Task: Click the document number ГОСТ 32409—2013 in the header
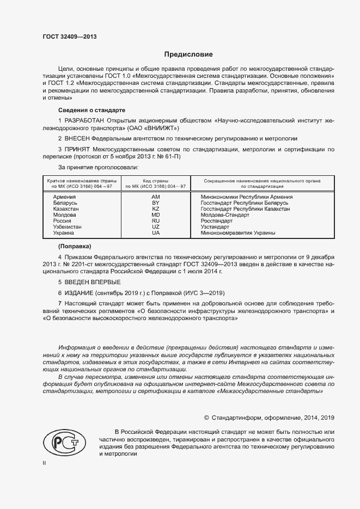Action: pos(70,38)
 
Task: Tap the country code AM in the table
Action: pos(155,197)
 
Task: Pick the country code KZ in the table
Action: pos(155,208)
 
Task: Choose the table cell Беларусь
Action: pos(65,203)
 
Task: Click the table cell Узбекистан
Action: pos(68,226)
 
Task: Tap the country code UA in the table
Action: pos(155,232)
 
